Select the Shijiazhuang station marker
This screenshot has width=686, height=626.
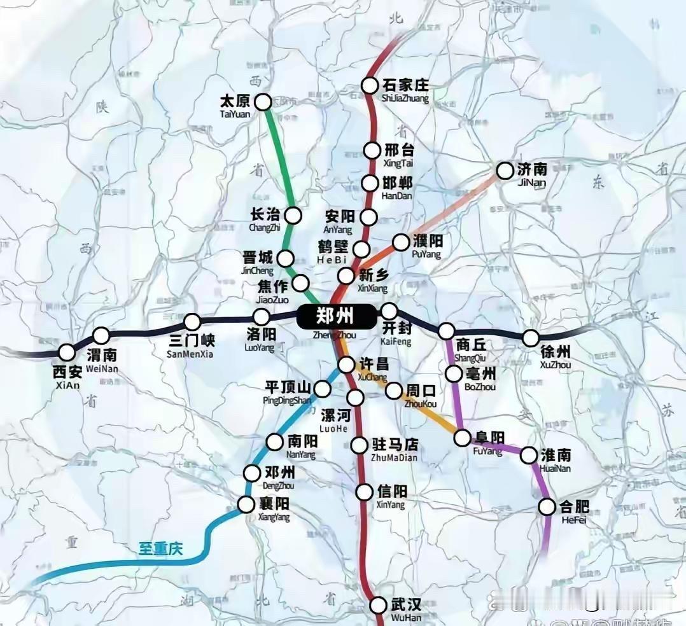[370, 85]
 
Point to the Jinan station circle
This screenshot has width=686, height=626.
[505, 170]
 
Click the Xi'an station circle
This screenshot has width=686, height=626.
[67, 352]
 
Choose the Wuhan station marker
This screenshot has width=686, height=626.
[379, 605]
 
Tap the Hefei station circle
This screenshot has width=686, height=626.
[547, 506]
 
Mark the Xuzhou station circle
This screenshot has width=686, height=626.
[531, 338]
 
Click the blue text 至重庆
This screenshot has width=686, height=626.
[160, 548]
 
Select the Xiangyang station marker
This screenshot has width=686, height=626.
[246, 504]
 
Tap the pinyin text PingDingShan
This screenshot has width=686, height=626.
[287, 400]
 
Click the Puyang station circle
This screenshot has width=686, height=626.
[401, 242]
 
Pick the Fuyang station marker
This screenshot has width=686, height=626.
[462, 438]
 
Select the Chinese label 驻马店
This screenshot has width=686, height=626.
[395, 444]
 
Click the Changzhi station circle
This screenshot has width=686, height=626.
[293, 215]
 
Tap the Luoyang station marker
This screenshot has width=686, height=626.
[262, 316]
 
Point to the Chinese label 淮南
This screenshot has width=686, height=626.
[555, 455]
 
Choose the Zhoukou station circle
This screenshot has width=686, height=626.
[394, 390]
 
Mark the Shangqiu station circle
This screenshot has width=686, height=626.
[446, 331]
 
